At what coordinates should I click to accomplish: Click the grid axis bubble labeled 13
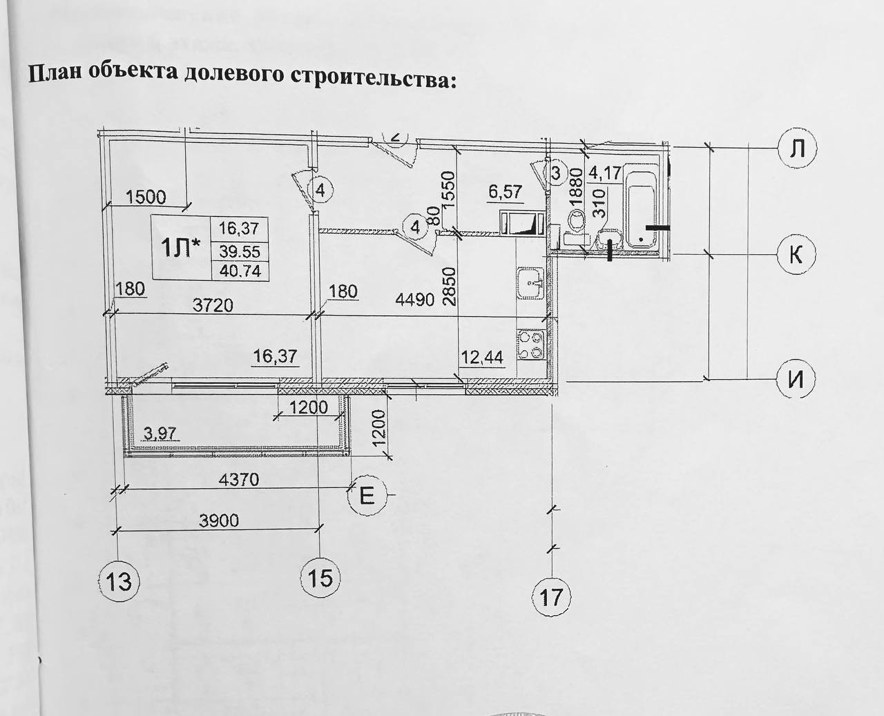(119, 581)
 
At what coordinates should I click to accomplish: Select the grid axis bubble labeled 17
(552, 595)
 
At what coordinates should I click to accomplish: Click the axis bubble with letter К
(796, 254)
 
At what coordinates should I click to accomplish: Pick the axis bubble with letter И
(796, 380)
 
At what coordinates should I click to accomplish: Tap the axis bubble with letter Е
(368, 496)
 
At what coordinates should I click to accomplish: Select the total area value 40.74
(240, 271)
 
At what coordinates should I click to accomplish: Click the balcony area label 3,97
(160, 434)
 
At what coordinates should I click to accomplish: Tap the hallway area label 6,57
(505, 193)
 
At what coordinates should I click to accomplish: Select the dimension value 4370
(238, 478)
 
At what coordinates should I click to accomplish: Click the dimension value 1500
(146, 197)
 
